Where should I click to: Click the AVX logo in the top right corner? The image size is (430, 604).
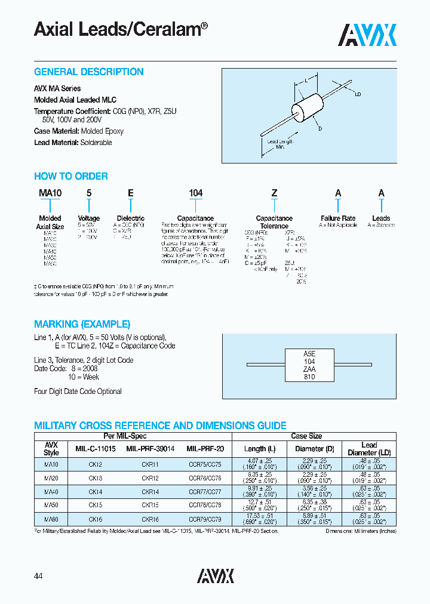pyautogui.click(x=367, y=35)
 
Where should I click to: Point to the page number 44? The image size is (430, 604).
pyautogui.click(x=39, y=576)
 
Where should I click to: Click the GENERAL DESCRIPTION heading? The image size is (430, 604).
pyautogui.click(x=88, y=72)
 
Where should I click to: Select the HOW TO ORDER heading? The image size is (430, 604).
pyautogui.click(x=70, y=177)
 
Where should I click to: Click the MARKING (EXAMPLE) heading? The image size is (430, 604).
pyautogui.click(x=82, y=325)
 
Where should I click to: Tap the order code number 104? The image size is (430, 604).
pyautogui.click(x=195, y=193)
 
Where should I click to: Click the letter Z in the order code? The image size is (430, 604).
pyautogui.click(x=274, y=193)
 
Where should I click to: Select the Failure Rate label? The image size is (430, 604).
pyautogui.click(x=338, y=218)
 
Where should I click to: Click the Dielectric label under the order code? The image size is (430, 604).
pyautogui.click(x=130, y=218)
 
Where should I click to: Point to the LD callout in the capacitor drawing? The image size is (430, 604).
pyautogui.click(x=358, y=94)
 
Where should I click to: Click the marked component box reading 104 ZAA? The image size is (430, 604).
pyautogui.click(x=309, y=365)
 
